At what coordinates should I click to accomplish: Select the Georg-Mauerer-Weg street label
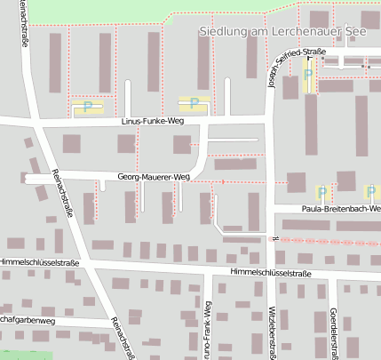tap(154, 178)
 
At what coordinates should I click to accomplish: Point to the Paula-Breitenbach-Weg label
tap(339, 209)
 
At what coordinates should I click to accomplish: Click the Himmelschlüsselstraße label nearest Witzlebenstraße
tap(269, 272)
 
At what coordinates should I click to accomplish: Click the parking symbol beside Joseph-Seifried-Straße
tap(308, 76)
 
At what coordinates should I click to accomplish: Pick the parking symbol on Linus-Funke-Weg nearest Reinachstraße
tap(87, 107)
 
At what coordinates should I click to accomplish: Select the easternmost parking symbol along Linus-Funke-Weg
tap(194, 103)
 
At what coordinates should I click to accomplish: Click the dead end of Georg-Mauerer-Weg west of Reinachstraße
tap(29, 178)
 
